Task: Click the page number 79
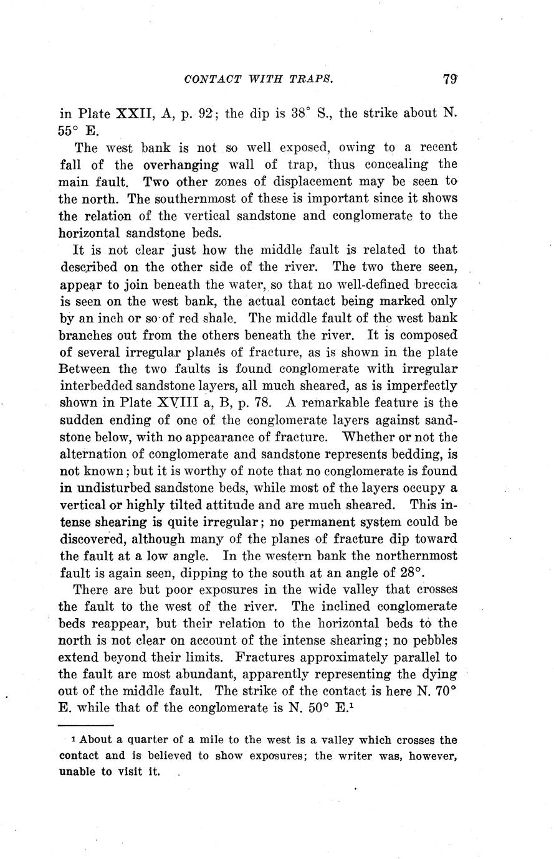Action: pos(450,80)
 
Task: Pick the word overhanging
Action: pos(181,165)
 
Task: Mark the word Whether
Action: pos(370,436)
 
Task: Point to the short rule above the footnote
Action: pos(85,725)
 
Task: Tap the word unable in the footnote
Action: pos(77,772)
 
